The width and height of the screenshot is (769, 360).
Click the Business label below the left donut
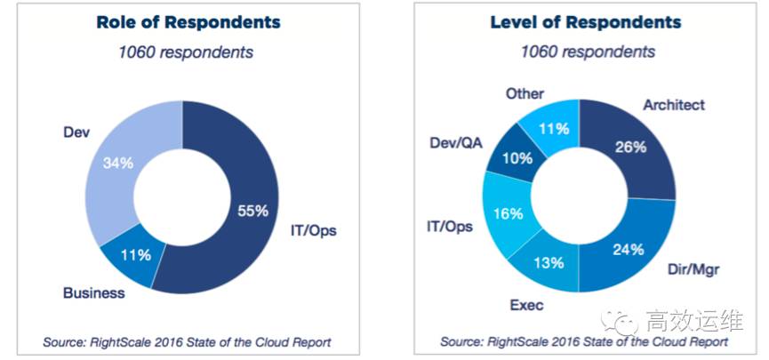pos(94,292)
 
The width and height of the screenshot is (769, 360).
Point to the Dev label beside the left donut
pos(77,132)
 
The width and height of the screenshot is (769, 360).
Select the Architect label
pos(673,105)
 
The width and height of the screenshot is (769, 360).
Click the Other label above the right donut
pos(524,92)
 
